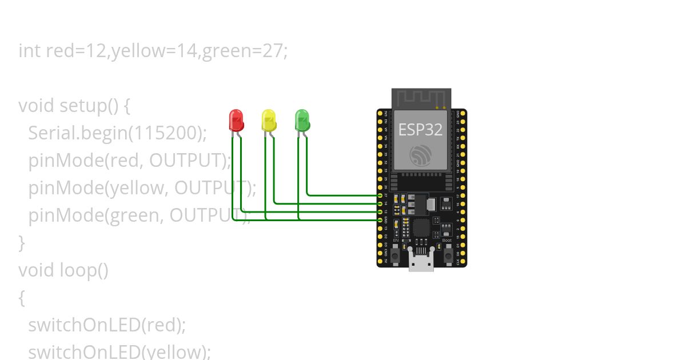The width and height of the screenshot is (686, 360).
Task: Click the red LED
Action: point(236,120)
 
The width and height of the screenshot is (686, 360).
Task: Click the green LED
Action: point(302,120)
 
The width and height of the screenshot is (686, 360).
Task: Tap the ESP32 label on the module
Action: point(420,130)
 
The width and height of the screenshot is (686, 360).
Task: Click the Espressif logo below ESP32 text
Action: point(420,155)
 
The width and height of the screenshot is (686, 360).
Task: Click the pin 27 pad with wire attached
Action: point(380,195)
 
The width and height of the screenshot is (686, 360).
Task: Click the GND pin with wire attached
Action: point(380,219)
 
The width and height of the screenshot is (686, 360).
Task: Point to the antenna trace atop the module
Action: point(421,97)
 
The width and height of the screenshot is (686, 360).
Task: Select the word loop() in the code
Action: point(84,270)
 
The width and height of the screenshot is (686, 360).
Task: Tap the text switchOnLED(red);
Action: point(107,325)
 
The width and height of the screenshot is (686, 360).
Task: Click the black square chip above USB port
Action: point(422,227)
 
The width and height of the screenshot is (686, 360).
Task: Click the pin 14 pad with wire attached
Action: point(380,203)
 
